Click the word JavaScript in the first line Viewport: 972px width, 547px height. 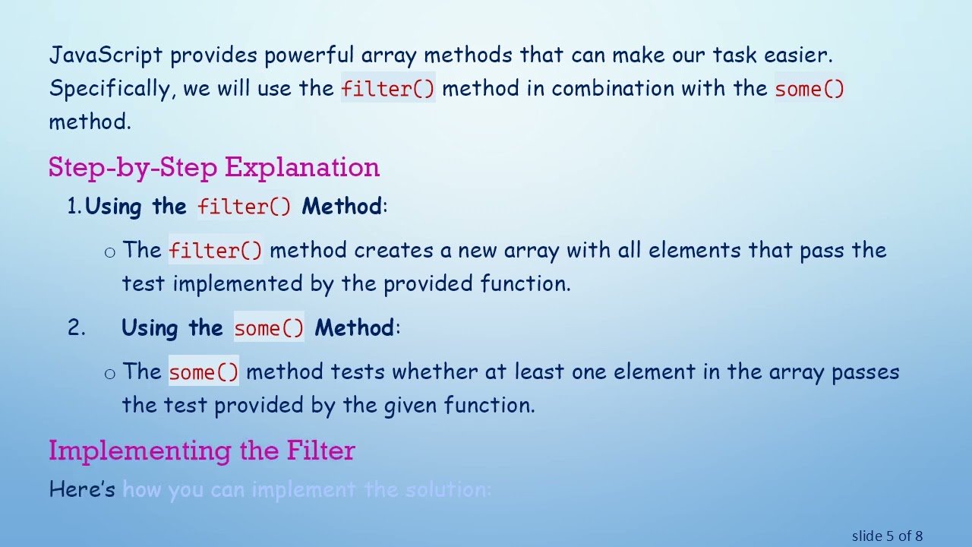[x=106, y=55]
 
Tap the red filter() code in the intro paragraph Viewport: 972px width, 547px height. [x=388, y=89]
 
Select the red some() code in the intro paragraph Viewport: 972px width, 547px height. [x=809, y=89]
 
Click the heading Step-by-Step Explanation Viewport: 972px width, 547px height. [x=213, y=167]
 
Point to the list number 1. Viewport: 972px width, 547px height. [x=74, y=207]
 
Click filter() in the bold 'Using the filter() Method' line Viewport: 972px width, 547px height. [x=244, y=207]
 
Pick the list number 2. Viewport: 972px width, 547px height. [x=76, y=328]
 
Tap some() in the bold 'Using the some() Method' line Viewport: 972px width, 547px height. [x=269, y=328]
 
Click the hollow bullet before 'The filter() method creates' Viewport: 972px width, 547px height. [x=110, y=252]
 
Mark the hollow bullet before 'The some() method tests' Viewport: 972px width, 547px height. [x=110, y=373]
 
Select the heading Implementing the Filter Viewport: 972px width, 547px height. [x=201, y=451]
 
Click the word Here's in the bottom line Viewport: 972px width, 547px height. [x=82, y=489]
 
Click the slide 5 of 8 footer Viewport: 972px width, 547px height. [x=887, y=536]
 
